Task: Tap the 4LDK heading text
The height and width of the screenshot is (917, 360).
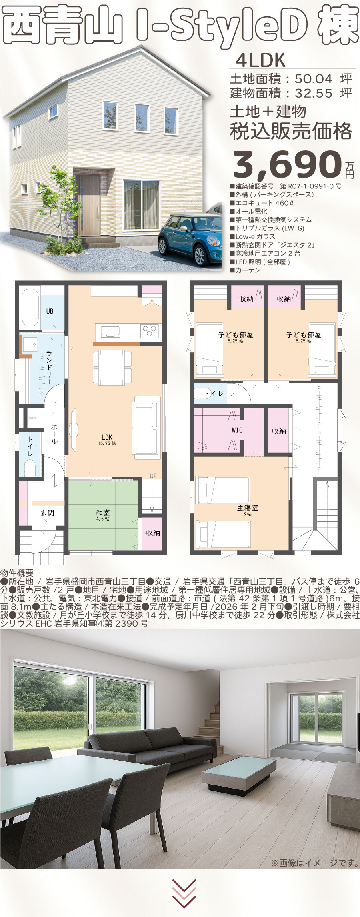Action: point(260,61)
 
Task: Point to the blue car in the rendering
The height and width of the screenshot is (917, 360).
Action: point(190,240)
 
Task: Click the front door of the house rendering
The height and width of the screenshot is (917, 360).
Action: point(88,205)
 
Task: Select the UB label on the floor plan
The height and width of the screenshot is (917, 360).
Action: point(50,311)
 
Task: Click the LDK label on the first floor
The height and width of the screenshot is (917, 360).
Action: point(107,437)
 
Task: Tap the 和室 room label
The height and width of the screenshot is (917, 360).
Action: point(103,512)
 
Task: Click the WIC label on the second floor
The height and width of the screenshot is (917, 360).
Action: point(237,430)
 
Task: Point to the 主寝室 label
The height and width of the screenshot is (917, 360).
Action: point(248,507)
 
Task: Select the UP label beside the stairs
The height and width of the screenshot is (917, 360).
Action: point(153,476)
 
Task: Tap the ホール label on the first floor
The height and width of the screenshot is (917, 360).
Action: point(54,434)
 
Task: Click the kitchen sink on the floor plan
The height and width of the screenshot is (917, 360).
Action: point(111,332)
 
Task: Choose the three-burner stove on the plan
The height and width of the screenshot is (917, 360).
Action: point(150,332)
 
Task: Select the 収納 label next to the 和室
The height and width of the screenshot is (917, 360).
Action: point(153,533)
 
